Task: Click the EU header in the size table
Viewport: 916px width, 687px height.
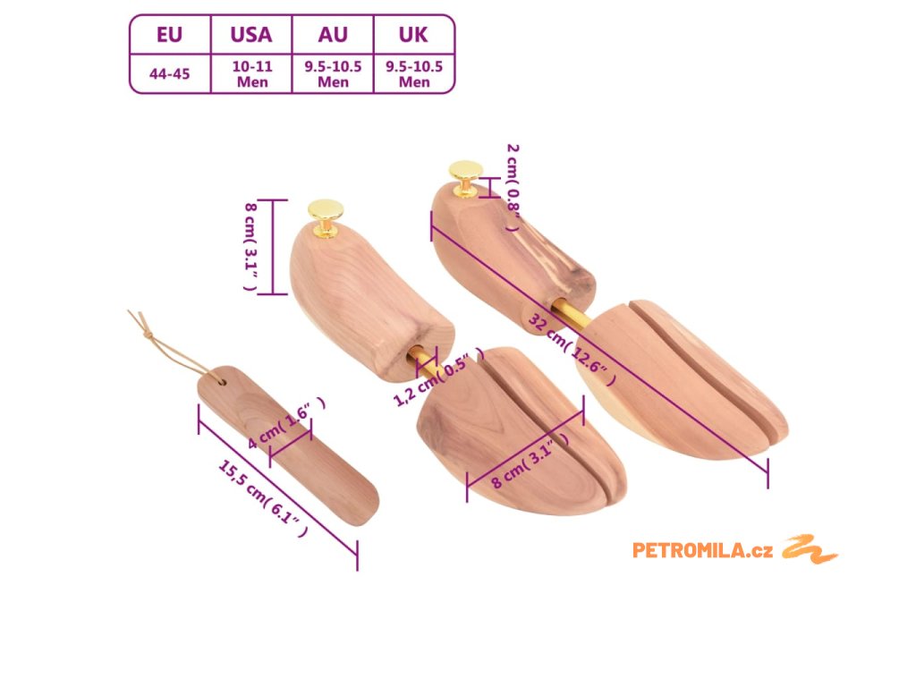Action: (169, 35)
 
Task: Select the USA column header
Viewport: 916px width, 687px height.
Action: (250, 35)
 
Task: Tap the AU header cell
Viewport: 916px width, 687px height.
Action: (333, 35)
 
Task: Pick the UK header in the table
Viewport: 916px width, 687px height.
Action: (413, 35)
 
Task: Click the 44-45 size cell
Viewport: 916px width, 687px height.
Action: (169, 74)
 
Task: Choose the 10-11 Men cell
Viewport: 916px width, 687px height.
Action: (251, 74)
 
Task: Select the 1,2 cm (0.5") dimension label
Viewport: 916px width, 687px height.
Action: (438, 383)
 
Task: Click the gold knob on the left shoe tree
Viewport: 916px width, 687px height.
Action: (326, 215)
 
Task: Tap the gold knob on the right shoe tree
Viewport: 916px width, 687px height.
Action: (465, 174)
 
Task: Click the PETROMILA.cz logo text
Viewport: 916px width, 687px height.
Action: (702, 550)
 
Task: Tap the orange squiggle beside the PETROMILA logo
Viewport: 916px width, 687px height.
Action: (810, 548)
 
